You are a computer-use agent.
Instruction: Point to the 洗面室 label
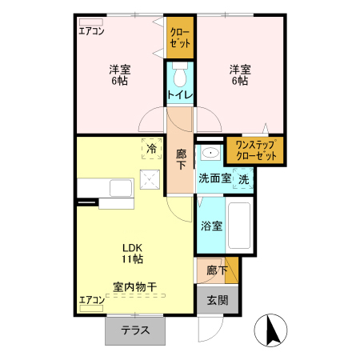(x=214, y=178)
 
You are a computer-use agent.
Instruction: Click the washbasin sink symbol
(x=210, y=154)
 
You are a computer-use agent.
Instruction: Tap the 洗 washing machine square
(x=243, y=178)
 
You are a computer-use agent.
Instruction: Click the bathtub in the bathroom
(x=241, y=227)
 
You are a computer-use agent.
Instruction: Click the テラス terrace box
(x=137, y=330)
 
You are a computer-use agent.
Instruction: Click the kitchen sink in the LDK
(x=121, y=188)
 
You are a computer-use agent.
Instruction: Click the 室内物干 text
(x=134, y=286)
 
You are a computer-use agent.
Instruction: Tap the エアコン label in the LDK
(x=91, y=301)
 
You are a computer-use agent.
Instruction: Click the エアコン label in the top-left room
(x=91, y=32)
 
